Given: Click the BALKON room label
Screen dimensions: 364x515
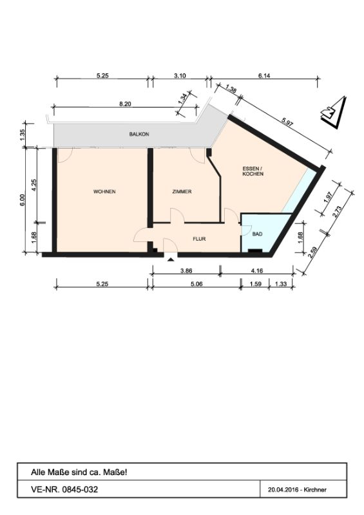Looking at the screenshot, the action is pos(139,135).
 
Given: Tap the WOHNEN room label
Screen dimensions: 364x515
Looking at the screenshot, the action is pos(104,191).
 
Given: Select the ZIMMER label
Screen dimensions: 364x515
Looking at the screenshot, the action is pos(182,191).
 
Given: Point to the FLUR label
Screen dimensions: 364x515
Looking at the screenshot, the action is pos(199,239).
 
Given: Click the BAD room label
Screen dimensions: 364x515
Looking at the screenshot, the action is pos(258,234).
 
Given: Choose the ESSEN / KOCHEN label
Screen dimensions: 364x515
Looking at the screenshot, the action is pos(253,171).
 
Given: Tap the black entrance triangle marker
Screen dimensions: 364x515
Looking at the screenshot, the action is pos(171,260).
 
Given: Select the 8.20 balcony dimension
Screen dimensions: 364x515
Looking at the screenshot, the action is pos(125,104).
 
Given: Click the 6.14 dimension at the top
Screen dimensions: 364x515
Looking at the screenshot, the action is pos(264,75).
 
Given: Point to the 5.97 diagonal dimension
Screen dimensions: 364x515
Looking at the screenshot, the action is pos(287,124).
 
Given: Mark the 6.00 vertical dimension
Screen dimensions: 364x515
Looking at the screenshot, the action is pos(22,200).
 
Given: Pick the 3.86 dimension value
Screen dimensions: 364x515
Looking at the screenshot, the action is pos(186,271).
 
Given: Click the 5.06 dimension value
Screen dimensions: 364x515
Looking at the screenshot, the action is pos(196,284).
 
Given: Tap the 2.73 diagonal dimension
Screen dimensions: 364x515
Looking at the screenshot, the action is pos(338,212).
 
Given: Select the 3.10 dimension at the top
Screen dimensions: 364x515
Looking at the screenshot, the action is pos(180,75).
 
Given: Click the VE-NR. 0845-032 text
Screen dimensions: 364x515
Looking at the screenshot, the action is pos(64,489).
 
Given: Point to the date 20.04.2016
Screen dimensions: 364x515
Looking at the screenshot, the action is pos(283,490).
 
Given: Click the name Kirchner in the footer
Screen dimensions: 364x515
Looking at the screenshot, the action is pos(315,490).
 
